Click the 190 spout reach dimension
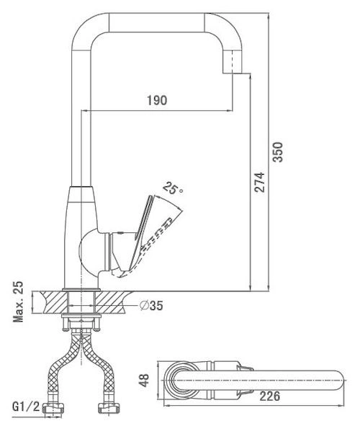[x=157, y=100]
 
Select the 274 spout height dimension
[x=259, y=182]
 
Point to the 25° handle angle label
[x=173, y=189]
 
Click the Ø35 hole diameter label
[x=151, y=305]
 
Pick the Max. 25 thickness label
[x=19, y=301]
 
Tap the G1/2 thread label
[x=26, y=407]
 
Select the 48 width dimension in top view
[x=145, y=380]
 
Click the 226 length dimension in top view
[x=269, y=396]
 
